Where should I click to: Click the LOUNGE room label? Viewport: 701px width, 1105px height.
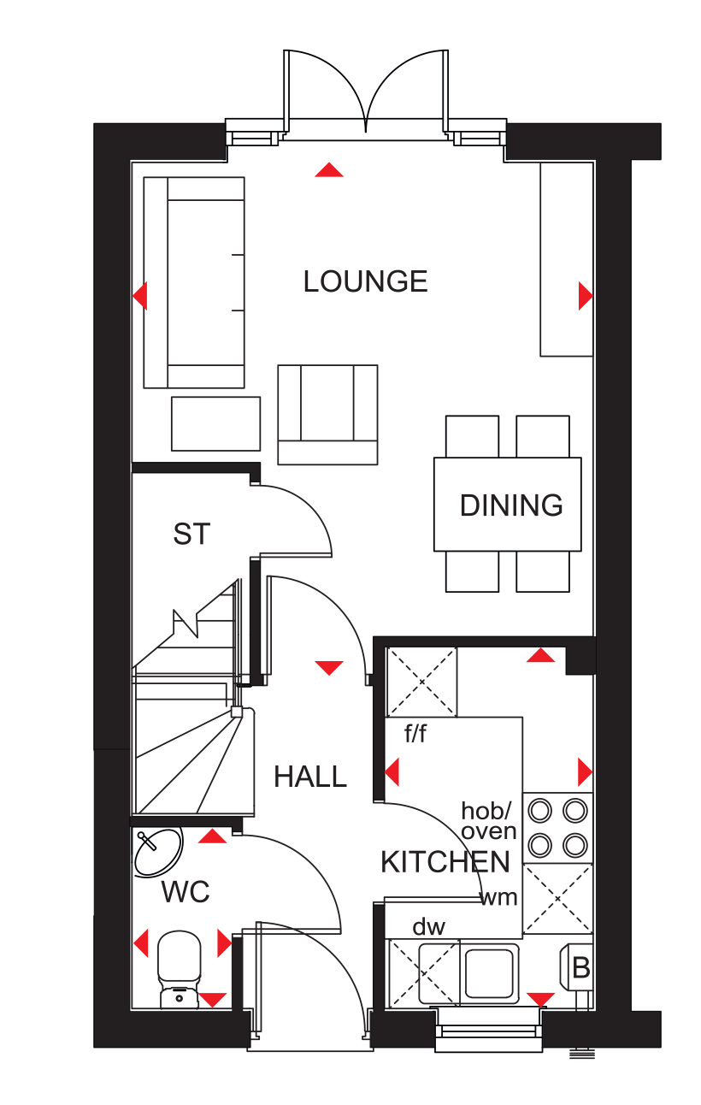point(365,281)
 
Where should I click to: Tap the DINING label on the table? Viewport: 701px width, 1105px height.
point(511,505)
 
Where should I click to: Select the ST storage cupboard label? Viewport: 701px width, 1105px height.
point(191,534)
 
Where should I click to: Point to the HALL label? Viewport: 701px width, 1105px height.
point(310,777)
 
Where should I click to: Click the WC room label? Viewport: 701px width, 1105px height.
point(186,891)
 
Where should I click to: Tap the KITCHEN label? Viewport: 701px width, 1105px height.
point(445,862)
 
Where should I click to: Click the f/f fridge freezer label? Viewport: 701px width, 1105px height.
point(415,734)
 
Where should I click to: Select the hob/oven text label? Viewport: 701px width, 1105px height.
point(488,821)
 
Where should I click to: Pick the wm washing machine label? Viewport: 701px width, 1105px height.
point(498,898)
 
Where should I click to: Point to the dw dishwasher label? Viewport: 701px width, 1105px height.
point(429,927)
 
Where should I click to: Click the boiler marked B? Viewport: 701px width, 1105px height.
point(576,967)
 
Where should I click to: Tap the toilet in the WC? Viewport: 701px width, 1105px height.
point(179,969)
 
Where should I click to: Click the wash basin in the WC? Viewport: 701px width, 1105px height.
point(158,853)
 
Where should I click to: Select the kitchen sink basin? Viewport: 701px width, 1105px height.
point(490,972)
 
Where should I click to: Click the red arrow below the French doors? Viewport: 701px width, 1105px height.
point(329,169)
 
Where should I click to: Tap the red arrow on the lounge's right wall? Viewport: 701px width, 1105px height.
point(586,296)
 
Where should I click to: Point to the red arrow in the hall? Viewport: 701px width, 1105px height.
point(329,668)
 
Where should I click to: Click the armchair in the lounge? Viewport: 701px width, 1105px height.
point(327,414)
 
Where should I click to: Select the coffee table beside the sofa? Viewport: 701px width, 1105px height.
point(216,423)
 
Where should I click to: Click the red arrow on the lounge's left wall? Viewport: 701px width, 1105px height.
point(140,296)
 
